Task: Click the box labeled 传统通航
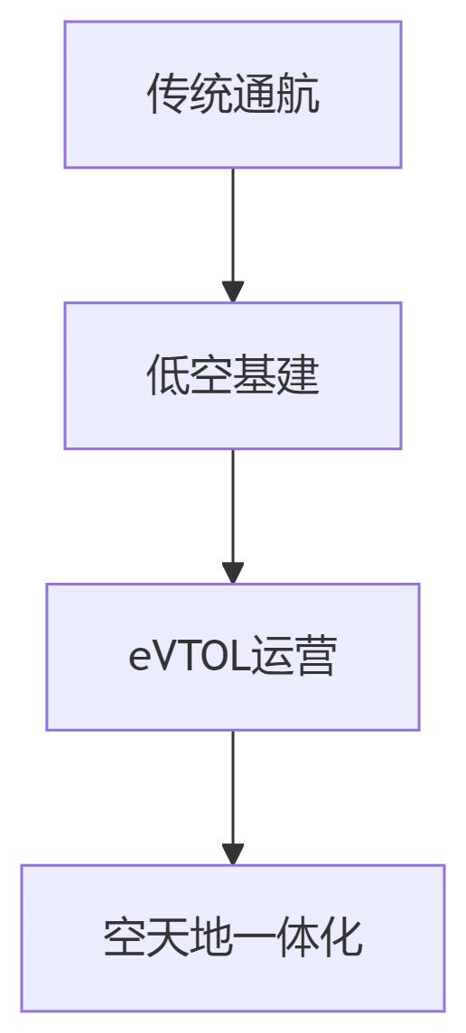(x=233, y=94)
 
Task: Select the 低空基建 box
(x=233, y=375)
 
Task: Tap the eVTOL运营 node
(x=233, y=657)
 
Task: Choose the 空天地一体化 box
(x=233, y=938)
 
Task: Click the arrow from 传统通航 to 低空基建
(x=233, y=235)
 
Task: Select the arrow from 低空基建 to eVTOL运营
(x=233, y=516)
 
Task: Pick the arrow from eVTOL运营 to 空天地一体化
(x=233, y=798)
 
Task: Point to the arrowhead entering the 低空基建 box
(x=233, y=291)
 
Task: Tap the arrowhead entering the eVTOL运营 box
(x=233, y=573)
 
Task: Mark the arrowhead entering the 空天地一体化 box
(x=233, y=854)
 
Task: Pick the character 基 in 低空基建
(x=255, y=375)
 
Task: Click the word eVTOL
(x=189, y=658)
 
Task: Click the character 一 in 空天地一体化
(x=255, y=938)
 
